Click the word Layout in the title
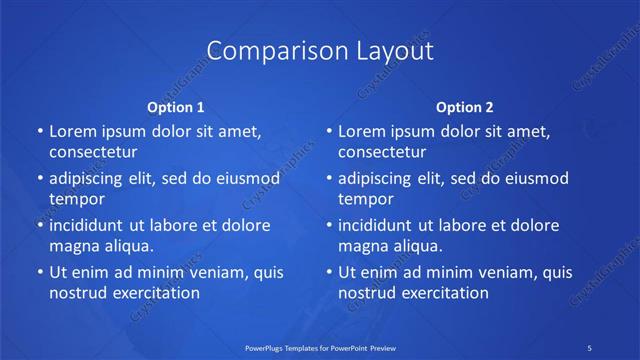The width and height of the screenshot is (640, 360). (387, 51)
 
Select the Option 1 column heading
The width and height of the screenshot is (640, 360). (175, 106)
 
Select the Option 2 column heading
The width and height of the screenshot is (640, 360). (465, 106)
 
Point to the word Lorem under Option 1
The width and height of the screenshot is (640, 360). (71, 131)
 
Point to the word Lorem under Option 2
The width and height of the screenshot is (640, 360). (361, 131)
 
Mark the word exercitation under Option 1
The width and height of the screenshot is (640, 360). (155, 293)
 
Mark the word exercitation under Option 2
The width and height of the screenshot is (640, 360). (444, 293)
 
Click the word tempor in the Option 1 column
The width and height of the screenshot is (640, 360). (77, 199)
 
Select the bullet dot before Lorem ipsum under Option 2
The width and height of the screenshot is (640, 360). (328, 131)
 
